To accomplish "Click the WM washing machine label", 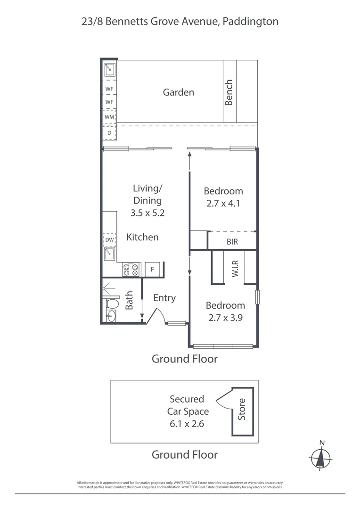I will coord(109,116).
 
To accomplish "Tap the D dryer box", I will coord(109,133).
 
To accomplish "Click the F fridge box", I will coord(153,270).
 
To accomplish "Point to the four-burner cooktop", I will coord(131,270).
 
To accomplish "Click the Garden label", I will coord(178,92).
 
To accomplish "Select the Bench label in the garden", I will coord(229,92).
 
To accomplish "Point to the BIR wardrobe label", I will coord(232,242).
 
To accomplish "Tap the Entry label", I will coord(164,298).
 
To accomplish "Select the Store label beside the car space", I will coord(242,410).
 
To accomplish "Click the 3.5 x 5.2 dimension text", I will coord(147,213).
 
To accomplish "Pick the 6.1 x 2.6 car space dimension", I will coord(188,423).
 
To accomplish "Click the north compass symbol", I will coord(321,456).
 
